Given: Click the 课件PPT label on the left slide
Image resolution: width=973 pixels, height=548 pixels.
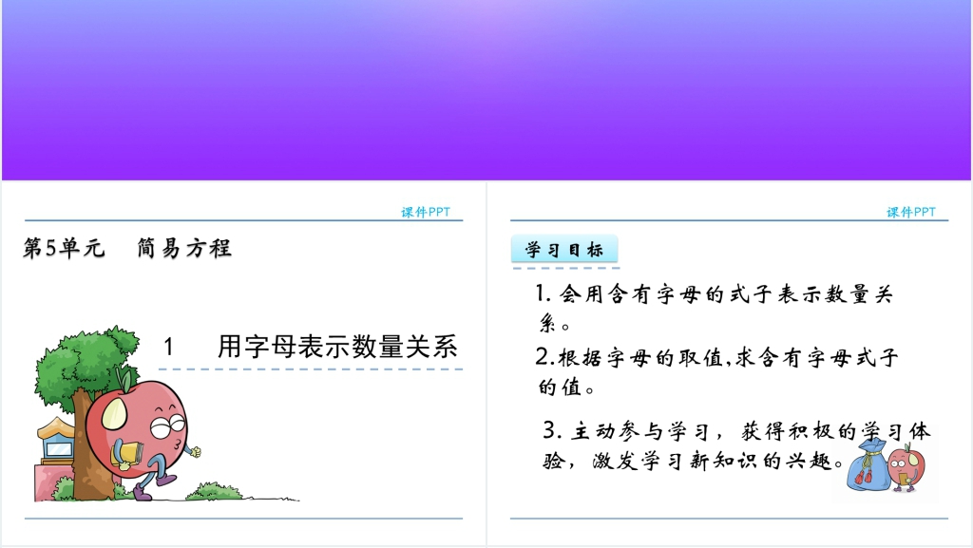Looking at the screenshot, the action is point(426,212).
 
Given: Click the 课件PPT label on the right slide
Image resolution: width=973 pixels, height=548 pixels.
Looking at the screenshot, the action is point(911,212).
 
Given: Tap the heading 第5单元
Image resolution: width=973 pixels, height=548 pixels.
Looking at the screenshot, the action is point(64,248).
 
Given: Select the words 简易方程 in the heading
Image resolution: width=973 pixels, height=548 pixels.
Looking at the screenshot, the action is point(184,248).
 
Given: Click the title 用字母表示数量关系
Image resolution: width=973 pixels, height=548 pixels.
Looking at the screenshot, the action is point(337,346).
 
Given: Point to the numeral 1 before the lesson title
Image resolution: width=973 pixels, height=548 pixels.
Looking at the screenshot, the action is point(168,346).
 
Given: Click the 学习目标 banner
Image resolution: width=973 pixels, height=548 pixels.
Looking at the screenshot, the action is point(564,249).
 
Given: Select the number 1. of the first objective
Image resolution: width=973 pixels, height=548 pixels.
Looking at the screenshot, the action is point(544,293).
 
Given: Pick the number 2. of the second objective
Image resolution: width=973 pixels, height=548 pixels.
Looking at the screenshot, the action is point(544,356).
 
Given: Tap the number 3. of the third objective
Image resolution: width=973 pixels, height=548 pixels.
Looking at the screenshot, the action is point(552,429).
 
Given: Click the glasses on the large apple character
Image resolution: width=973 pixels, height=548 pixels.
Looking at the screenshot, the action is point(167,426).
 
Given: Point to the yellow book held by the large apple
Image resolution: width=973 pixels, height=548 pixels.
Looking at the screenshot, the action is point(127,455).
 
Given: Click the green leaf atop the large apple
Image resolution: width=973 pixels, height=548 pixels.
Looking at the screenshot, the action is point(124,378).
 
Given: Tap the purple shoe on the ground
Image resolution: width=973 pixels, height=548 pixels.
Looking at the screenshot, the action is point(143,494).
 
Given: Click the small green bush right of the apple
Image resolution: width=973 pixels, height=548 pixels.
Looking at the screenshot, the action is point(215,491).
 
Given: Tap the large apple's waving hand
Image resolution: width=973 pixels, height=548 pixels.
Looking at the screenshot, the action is point(194,452).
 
